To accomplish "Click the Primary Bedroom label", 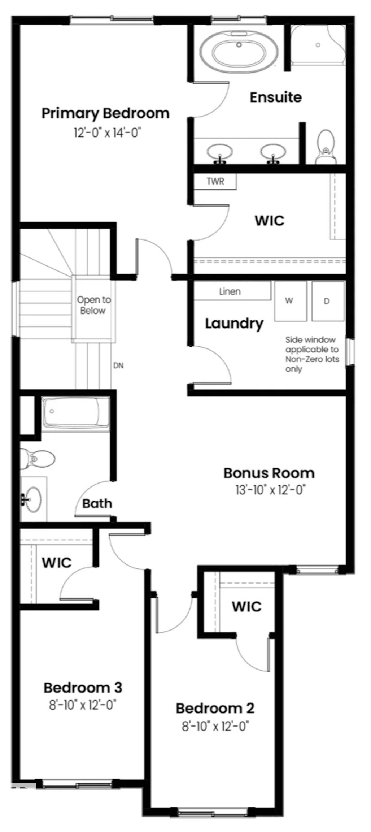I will click(x=105, y=113).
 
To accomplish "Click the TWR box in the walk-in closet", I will click(x=215, y=181).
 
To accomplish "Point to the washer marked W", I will click(x=290, y=301).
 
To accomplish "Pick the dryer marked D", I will click(x=327, y=301).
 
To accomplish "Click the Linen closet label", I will click(x=230, y=291).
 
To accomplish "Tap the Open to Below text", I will click(x=93, y=305).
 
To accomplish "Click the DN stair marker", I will click(x=118, y=365).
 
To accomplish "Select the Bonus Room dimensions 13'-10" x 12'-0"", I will click(x=270, y=490).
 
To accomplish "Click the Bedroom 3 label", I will click(x=83, y=687).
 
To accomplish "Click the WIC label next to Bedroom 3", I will click(x=57, y=562).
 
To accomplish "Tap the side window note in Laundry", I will click(x=312, y=354).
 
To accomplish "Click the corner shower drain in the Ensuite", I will click(x=318, y=45).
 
